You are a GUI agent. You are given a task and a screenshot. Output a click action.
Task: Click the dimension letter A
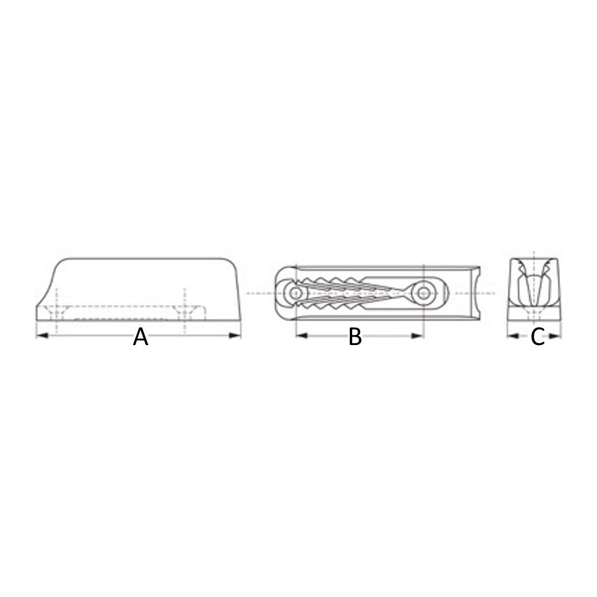pos(140,337)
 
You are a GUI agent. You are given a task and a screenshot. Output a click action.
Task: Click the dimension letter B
pos(355,337)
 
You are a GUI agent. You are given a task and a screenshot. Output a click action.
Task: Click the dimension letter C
pos(537,337)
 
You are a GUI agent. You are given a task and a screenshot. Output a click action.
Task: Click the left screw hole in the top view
pos(294,293)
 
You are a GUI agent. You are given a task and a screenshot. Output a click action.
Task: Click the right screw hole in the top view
pos(424,293)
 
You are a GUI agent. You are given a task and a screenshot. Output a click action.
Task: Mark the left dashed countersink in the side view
pos(56,312)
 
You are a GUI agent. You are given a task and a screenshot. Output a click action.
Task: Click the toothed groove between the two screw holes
pos(358,293)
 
